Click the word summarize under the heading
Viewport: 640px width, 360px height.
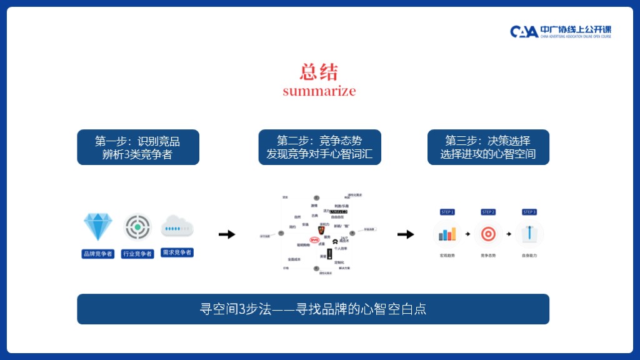tap(319, 91)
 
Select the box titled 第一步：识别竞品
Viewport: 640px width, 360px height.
tap(138, 147)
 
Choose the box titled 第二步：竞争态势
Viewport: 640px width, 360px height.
tap(319, 147)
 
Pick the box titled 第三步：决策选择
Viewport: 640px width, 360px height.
tap(488, 147)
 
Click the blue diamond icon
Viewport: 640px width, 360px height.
tap(98, 227)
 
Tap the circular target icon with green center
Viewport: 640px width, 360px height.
tap(137, 227)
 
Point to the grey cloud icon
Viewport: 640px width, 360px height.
tap(177, 227)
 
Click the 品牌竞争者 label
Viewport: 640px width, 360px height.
tap(98, 254)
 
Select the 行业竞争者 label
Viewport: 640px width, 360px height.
tap(137, 254)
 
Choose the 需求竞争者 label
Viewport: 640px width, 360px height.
tap(177, 252)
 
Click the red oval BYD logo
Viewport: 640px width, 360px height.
tap(314, 240)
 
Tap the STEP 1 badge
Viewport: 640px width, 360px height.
tap(447, 212)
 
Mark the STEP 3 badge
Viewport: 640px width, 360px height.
tap(529, 212)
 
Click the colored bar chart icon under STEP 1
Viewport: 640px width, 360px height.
tap(447, 234)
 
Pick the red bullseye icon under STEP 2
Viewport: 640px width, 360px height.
tap(488, 234)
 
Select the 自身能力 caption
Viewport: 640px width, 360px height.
tap(529, 256)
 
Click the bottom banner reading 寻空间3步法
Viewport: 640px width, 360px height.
tap(313, 309)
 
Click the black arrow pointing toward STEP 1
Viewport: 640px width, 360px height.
tap(406, 234)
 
